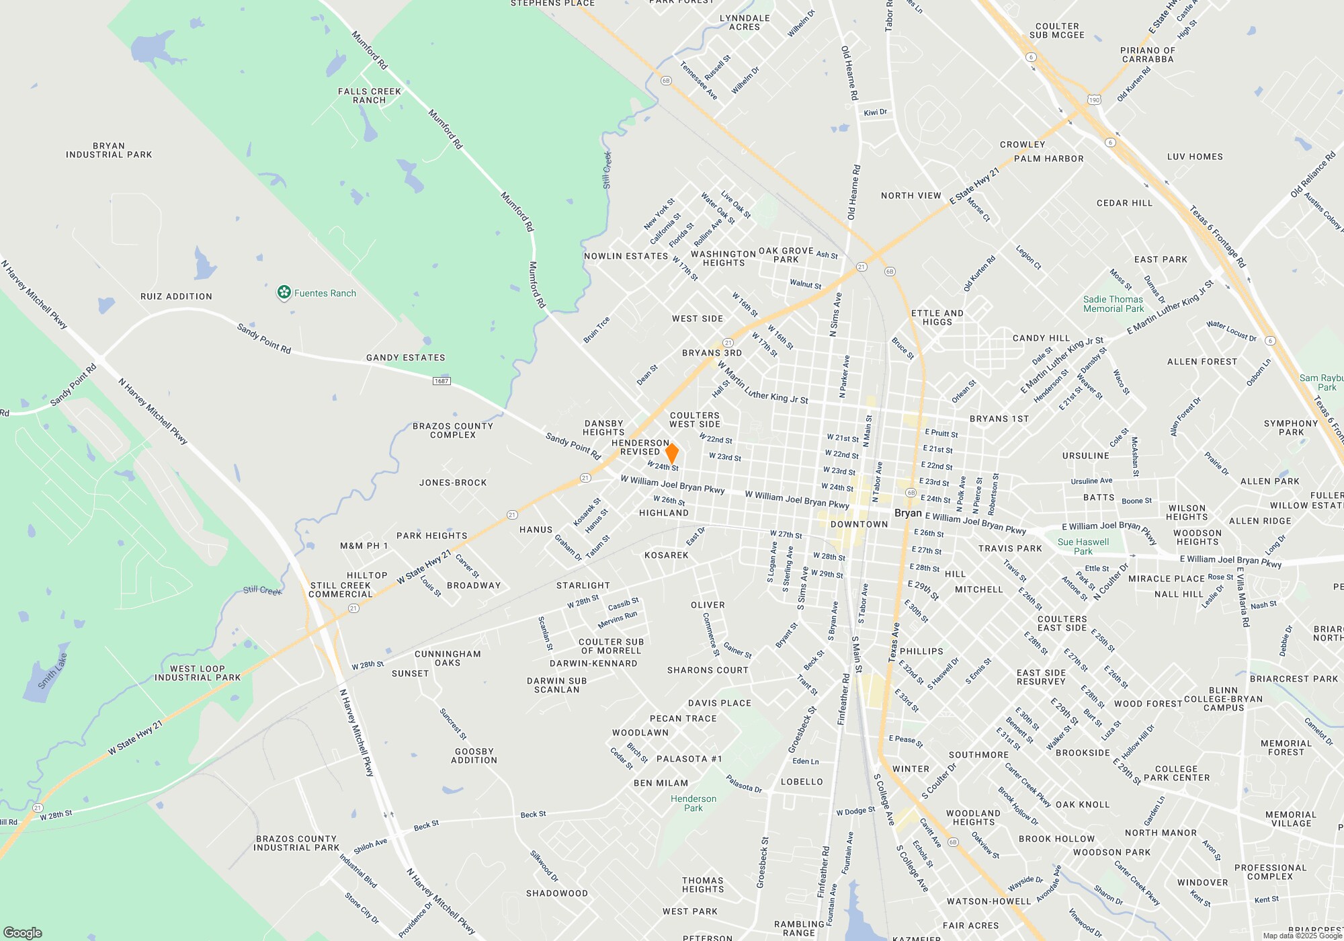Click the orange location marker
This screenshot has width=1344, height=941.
point(671,453)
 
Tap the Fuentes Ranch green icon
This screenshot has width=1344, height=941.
point(284,292)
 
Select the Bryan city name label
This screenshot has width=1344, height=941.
point(908,513)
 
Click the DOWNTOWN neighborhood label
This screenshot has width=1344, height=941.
point(859,524)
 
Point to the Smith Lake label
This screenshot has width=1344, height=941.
point(52,671)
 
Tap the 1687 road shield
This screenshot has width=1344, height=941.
point(441,381)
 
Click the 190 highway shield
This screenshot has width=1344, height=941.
point(1094,100)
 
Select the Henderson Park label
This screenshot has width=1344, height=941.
point(694,803)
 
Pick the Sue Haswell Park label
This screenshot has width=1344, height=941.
point(1083,546)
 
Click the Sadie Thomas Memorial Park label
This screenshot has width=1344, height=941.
point(1114,304)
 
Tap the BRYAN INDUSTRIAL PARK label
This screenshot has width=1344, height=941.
point(109,150)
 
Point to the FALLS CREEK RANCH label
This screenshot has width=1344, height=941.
point(370,95)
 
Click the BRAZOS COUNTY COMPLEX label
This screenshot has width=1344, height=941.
point(453,430)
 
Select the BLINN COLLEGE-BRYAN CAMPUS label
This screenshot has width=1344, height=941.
point(1224,699)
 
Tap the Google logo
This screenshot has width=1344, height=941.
point(23,933)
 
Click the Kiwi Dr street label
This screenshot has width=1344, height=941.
point(875,112)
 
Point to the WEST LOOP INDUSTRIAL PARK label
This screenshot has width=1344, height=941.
point(198,673)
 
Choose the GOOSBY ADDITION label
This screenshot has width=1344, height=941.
point(474,755)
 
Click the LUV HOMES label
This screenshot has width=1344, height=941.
point(1195,157)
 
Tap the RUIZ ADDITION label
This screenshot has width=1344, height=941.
point(176,296)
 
